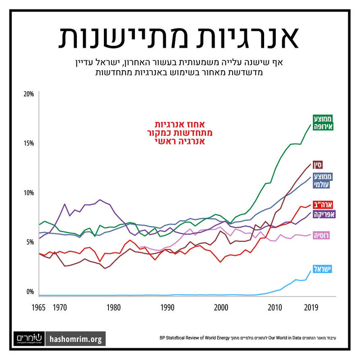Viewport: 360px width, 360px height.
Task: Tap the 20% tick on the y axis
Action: [x=29, y=94]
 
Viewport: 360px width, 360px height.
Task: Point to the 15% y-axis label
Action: [x=29, y=143]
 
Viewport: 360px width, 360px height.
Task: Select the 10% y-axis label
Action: [x=29, y=193]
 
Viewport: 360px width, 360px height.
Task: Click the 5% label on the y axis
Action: [x=30, y=242]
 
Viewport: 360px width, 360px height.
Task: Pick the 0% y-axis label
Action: [x=30, y=292]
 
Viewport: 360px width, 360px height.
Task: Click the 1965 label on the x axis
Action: [x=38, y=308]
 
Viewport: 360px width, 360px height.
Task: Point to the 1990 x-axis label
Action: [x=167, y=308]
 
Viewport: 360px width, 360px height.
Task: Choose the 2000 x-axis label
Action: [x=221, y=308]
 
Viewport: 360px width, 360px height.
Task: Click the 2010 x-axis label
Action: [x=274, y=308]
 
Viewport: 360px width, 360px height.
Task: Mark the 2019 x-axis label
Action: [x=311, y=308]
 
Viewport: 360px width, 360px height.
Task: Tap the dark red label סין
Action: [x=318, y=164]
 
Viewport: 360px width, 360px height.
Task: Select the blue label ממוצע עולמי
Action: [x=322, y=181]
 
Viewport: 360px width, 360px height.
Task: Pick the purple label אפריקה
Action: [x=323, y=215]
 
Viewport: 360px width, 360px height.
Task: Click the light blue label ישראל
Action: [x=322, y=269]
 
